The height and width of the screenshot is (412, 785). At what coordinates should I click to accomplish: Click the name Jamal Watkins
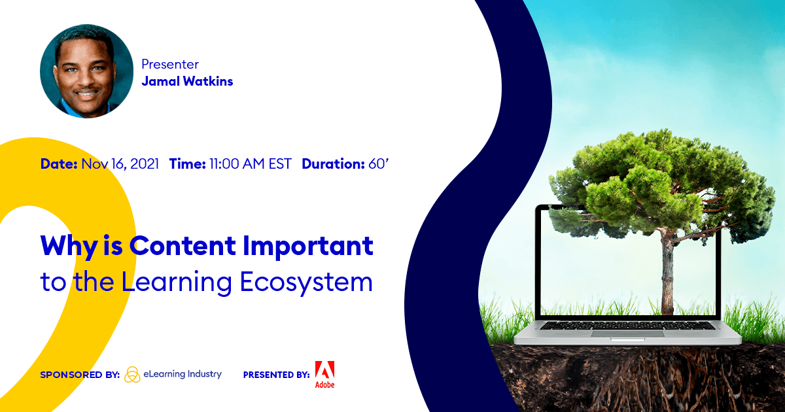[187, 82]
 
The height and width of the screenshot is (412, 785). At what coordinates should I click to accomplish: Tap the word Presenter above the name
[170, 65]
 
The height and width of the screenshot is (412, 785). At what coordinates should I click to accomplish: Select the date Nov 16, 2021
[120, 164]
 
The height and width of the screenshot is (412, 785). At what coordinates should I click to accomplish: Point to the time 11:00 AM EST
[251, 164]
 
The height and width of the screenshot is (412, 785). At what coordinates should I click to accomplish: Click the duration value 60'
[379, 164]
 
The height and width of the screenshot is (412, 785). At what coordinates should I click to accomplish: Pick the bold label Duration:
[333, 164]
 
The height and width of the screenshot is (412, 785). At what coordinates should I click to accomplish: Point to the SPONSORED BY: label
[80, 375]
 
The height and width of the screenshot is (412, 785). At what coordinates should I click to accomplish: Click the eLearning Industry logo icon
[132, 374]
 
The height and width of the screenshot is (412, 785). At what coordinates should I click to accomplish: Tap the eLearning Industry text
[183, 375]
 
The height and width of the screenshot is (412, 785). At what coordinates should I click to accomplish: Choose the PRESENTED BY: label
[276, 375]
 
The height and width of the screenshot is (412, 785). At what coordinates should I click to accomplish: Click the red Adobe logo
[324, 373]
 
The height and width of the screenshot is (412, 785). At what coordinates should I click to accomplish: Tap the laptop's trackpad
[627, 334]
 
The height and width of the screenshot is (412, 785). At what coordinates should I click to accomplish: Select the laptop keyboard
[627, 324]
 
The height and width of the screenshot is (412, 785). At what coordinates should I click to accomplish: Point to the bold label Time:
[188, 164]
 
